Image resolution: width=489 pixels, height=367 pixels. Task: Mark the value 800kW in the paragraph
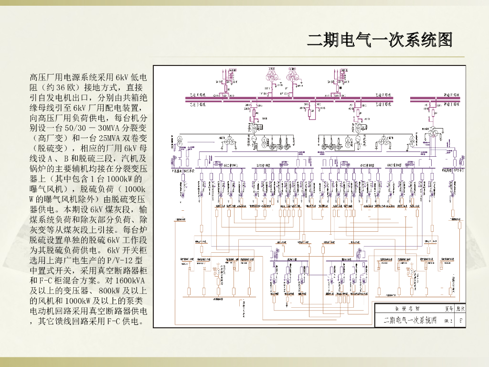(110, 291)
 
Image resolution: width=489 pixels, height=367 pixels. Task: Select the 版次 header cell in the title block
(460, 309)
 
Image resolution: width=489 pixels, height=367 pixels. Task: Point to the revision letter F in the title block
(460, 321)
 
